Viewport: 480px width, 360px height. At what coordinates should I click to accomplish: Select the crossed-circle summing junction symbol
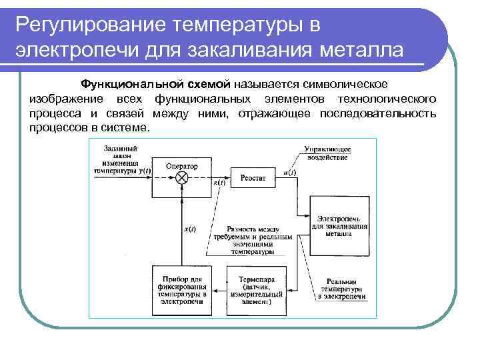[x=181, y=177]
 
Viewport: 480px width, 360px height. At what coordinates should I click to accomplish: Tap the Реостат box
[x=253, y=177]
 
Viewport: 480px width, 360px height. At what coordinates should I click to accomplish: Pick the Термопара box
[x=255, y=289]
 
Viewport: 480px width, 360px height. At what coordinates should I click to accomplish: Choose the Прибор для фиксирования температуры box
[x=181, y=289]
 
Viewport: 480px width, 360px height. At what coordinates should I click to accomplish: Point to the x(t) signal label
[x=190, y=229]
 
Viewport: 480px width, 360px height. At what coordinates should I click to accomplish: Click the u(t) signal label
[x=289, y=172]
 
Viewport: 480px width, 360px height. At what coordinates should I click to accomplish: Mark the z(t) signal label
[x=219, y=182]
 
